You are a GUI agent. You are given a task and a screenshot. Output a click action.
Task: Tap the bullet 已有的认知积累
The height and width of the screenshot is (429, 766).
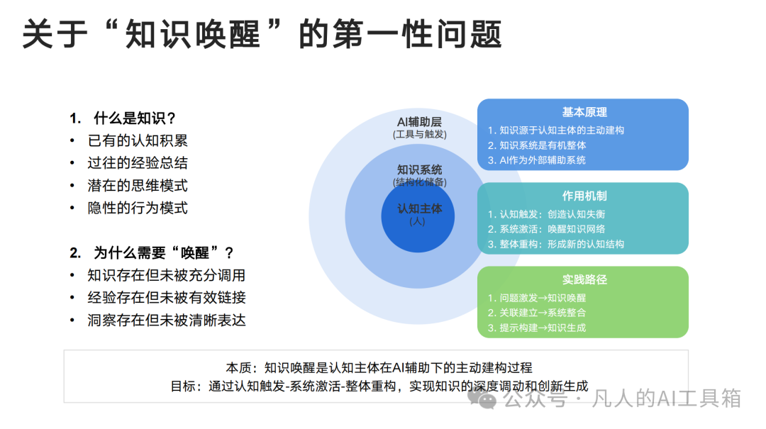point(138,140)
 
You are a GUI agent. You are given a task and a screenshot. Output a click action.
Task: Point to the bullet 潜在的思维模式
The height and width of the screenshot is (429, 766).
point(138,185)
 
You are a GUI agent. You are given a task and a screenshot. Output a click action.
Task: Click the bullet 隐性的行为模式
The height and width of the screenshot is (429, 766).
point(138,208)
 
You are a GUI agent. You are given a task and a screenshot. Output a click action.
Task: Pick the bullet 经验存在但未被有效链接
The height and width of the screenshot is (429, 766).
point(167,297)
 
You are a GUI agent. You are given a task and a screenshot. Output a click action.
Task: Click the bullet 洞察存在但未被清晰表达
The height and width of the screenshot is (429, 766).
point(167,320)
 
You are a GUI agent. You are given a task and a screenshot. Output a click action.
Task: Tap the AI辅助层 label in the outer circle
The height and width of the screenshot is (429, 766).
point(419,122)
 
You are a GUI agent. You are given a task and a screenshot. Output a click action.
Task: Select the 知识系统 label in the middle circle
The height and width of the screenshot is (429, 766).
point(419,169)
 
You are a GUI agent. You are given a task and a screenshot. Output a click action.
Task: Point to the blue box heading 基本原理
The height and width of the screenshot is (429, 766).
point(584,112)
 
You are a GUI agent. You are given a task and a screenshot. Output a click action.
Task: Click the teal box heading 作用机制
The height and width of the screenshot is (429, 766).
point(584,196)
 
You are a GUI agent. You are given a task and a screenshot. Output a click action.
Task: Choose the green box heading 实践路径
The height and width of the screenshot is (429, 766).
point(584,279)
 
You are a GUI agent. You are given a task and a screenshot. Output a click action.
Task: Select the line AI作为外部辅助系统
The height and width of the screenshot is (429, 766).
point(536,160)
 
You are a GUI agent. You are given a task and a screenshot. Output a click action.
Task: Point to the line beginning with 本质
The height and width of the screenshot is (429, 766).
point(379,368)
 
